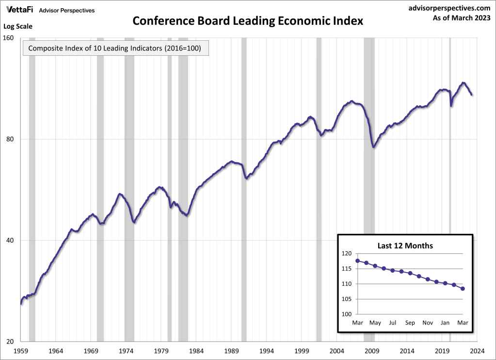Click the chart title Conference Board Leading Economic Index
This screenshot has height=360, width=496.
click(248, 22)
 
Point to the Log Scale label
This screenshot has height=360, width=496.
click(18, 26)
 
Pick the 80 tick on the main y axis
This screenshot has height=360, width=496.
click(12, 139)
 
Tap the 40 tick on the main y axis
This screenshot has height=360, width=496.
click(12, 241)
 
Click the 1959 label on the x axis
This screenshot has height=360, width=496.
click(21, 350)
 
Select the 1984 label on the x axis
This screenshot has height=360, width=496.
click(196, 350)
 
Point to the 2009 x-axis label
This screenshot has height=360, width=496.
click(372, 350)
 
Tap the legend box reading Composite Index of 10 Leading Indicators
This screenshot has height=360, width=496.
click(115, 49)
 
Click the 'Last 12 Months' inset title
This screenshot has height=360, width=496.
click(405, 246)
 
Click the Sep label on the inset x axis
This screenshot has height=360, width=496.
click(410, 323)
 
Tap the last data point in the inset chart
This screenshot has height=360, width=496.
click(463, 289)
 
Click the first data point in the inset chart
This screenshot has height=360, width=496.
click(358, 261)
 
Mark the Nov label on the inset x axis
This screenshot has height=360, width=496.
click(428, 323)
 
